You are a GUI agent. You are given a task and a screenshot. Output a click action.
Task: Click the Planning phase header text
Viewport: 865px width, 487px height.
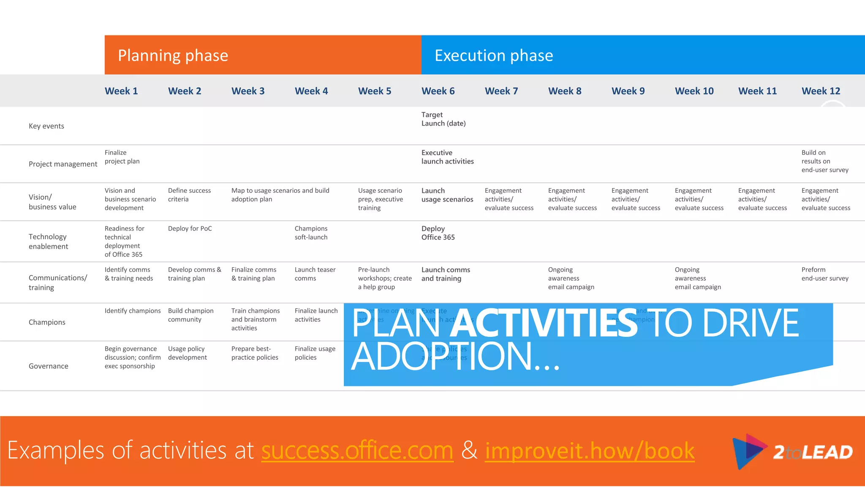point(173,55)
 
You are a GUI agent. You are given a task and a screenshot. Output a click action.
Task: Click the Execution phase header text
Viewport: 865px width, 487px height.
point(493,55)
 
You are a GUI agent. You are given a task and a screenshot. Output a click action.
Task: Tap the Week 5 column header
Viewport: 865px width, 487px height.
point(374,91)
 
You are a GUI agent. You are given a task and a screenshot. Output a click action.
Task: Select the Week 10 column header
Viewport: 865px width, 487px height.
point(694,91)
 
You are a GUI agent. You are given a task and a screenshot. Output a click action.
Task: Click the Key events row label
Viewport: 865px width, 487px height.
point(46,126)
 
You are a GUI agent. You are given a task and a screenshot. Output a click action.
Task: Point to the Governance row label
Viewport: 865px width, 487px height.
point(48,366)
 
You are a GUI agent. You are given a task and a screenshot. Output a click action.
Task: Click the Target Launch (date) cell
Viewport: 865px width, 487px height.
point(443,119)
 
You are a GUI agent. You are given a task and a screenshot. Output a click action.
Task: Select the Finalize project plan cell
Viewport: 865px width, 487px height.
point(122,157)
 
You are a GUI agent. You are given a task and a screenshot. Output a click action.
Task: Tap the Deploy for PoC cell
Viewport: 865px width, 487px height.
point(190,229)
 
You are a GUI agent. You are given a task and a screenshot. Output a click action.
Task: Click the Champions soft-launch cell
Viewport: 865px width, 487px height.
point(311,233)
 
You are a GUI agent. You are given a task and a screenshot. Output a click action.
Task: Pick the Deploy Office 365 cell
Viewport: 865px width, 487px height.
point(438,233)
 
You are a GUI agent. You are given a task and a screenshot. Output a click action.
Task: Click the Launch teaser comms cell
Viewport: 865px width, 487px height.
point(315,274)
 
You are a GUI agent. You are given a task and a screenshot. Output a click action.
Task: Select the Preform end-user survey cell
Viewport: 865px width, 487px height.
point(824,274)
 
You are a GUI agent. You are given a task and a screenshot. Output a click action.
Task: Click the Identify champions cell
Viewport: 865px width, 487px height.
point(133,311)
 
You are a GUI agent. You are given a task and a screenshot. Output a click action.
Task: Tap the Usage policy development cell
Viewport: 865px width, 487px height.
point(187,353)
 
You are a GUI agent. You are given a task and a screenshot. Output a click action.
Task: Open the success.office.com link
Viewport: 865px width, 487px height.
point(357,450)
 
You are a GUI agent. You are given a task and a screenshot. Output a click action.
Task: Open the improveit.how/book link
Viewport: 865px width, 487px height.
point(589,450)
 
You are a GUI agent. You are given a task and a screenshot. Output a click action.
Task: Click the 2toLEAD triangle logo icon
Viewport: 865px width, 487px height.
point(748,451)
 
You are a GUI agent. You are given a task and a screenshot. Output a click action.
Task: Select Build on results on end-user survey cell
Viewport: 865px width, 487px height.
point(824,161)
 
